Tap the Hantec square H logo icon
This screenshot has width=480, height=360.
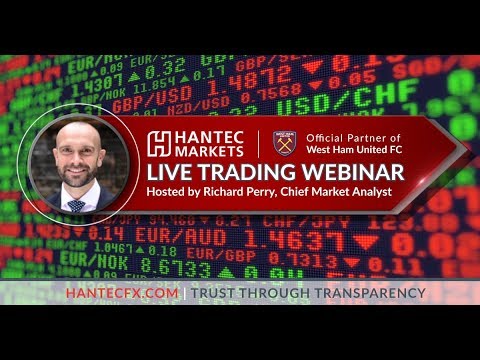157,142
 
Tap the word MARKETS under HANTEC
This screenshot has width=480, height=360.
205,150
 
